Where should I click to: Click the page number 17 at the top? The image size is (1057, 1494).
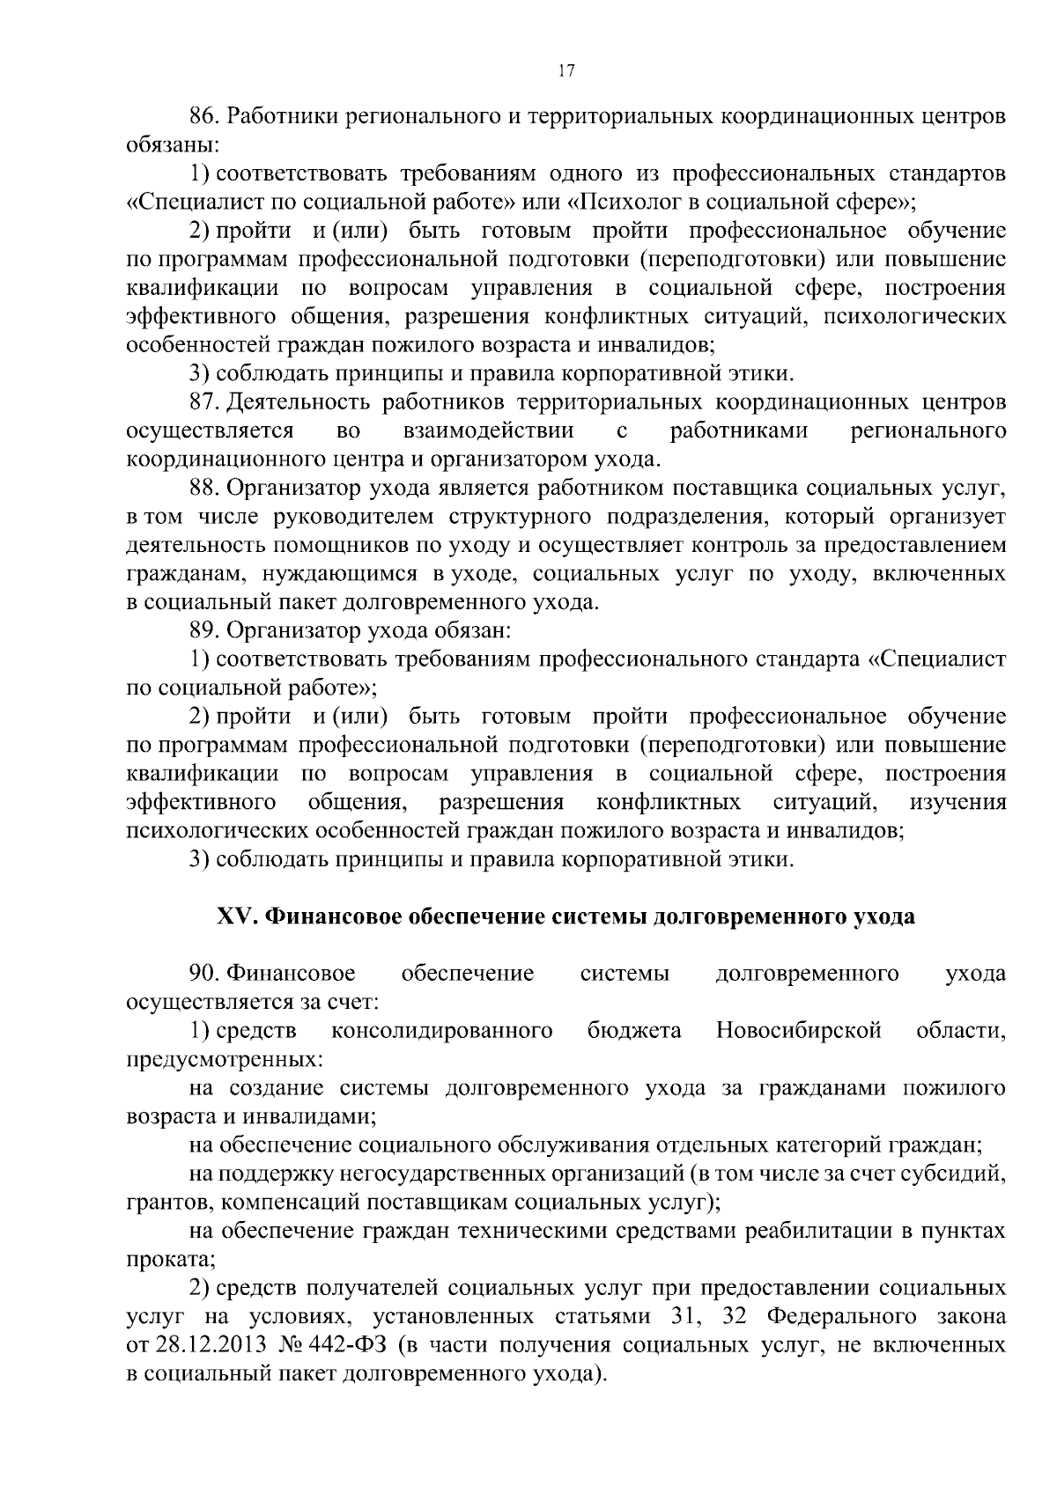point(566,72)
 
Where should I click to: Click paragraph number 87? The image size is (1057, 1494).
point(204,402)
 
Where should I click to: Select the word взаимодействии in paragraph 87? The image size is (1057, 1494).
point(489,431)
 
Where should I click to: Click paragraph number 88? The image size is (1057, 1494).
point(204,488)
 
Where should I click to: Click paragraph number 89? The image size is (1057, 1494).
point(204,630)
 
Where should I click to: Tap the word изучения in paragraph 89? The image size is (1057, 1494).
point(957,803)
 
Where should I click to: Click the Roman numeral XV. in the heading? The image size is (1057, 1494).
point(236,916)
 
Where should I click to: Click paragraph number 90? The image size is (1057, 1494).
point(204,974)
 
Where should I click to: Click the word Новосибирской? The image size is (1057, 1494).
point(799,1031)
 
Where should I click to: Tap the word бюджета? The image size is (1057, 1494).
point(634,1031)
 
